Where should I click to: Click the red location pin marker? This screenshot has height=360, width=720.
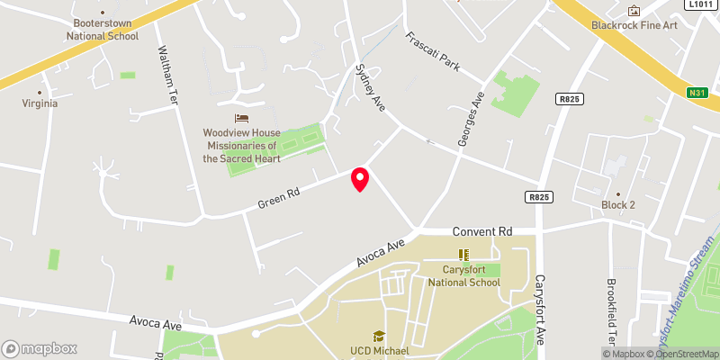pos(360,179)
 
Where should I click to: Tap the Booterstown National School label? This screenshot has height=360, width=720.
pos(103,30)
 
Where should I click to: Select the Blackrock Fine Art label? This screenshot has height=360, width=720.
pos(633,26)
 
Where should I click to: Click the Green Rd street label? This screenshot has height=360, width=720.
pos(280,194)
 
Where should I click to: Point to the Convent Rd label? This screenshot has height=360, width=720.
pos(482,231)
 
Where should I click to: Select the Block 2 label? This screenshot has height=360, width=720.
pos(618,204)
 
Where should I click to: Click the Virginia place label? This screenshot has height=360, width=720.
pos(40,103)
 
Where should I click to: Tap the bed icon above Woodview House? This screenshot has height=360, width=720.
pos(240,118)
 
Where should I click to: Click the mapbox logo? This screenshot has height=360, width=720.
pos(40,348)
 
